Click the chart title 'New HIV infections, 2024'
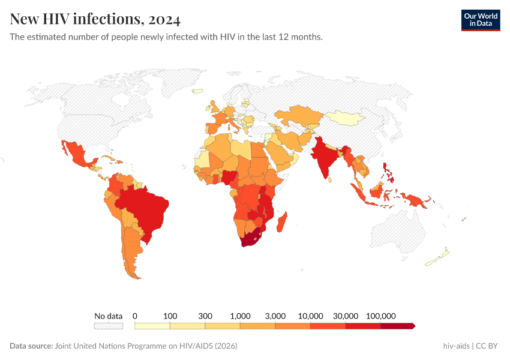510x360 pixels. [x=95, y=20]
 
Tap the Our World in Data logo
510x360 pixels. [x=480, y=20]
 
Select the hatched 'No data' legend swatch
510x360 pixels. [x=108, y=326]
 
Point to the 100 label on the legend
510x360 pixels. [x=170, y=316]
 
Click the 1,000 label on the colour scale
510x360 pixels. [x=240, y=316]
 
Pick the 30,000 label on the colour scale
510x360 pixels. [x=346, y=316]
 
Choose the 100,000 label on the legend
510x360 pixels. [x=380, y=316]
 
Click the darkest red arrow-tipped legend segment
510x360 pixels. [x=397, y=326]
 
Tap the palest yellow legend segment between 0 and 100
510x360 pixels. [x=152, y=326]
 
